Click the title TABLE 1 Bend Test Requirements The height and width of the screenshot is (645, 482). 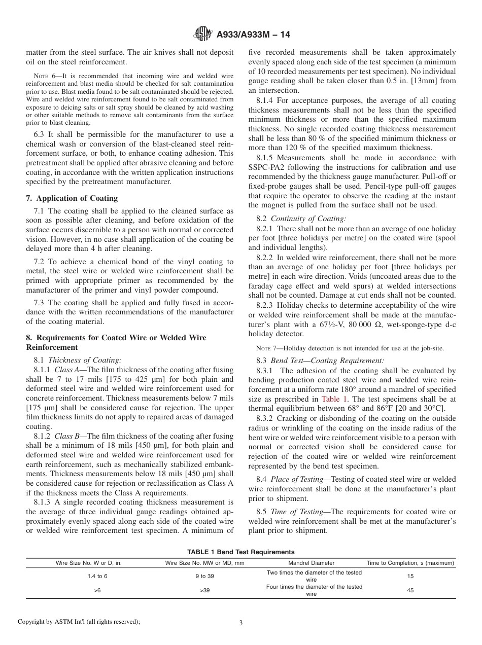click(240, 552)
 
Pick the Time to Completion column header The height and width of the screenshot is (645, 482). click(410, 563)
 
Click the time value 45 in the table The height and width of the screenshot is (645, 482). click(410, 591)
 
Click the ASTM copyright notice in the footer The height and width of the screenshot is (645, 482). click(79, 622)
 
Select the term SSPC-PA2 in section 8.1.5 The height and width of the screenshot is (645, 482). click(269, 167)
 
